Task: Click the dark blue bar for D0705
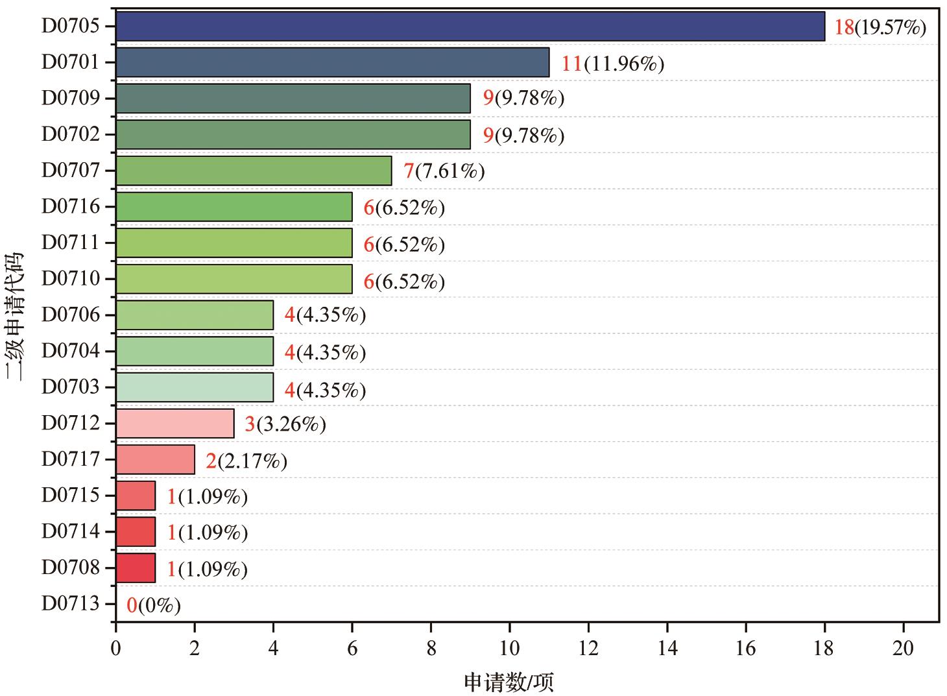[x=470, y=27]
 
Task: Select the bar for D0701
[x=332, y=62]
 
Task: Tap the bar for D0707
[x=254, y=171]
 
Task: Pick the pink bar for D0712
[x=175, y=424]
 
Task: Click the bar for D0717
[x=155, y=460]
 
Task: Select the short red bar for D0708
[x=136, y=568]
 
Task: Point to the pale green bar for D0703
[x=195, y=387]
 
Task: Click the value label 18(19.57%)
[x=880, y=27]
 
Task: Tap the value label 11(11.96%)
[x=613, y=64]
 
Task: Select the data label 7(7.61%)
[x=444, y=171]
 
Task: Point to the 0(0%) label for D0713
[x=154, y=606]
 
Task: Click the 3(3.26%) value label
[x=285, y=424]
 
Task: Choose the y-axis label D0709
[x=71, y=99]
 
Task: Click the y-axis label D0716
[x=71, y=207]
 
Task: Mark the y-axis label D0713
[x=71, y=604]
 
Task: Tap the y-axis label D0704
[x=71, y=351]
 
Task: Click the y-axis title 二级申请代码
[x=14, y=316]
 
